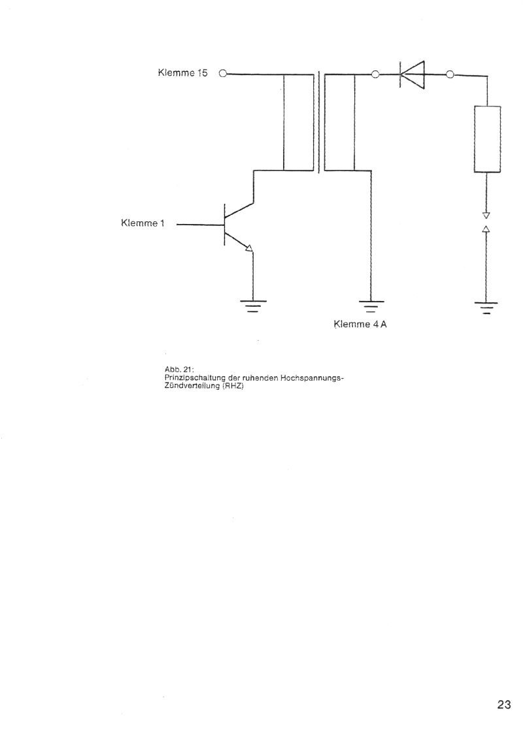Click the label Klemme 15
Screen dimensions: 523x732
[x=183, y=73]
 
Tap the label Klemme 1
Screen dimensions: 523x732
[x=143, y=223]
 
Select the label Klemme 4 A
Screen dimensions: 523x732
[x=360, y=324]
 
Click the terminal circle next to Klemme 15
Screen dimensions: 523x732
[x=223, y=74]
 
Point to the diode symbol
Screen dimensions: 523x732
[x=412, y=74]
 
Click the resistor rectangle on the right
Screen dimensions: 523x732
[x=488, y=139]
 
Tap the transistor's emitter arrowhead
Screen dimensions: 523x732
[x=249, y=248]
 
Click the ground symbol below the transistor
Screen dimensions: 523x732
[x=253, y=306]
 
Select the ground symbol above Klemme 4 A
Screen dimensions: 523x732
[x=371, y=306]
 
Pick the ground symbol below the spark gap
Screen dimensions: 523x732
[x=486, y=308]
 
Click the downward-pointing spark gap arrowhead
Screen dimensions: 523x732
[x=486, y=215]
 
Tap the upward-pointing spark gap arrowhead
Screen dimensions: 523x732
[x=486, y=229]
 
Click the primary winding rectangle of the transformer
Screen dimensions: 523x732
[x=298, y=122]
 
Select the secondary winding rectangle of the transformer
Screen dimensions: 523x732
[x=339, y=122]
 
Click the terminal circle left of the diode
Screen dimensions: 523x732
[x=375, y=74]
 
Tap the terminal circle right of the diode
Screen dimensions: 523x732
[x=450, y=74]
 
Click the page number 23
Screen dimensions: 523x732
[x=504, y=705]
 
